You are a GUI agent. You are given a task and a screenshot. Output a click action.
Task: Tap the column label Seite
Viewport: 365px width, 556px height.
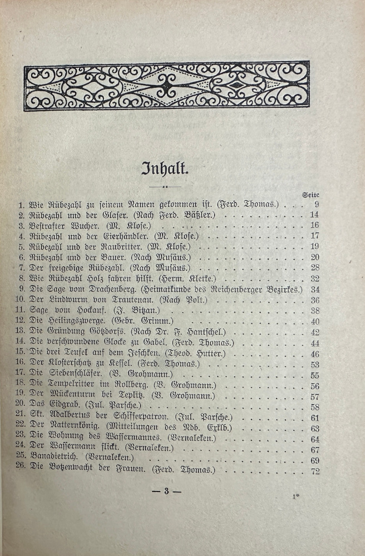click(x=310, y=195)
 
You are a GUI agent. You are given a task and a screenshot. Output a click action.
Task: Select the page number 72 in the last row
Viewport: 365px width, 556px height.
click(x=314, y=471)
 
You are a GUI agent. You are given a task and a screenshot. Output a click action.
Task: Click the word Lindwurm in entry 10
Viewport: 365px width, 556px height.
click(x=62, y=300)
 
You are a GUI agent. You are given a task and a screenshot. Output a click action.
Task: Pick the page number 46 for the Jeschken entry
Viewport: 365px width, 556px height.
click(x=314, y=354)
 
